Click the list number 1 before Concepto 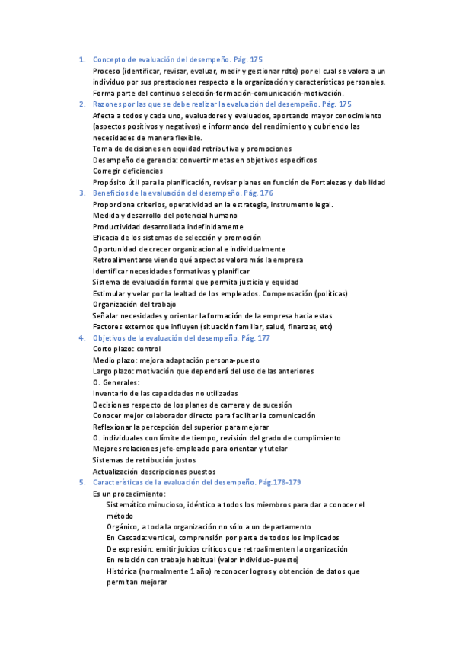click(81, 59)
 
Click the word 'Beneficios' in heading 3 click(111, 193)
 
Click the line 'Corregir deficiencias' click(127, 171)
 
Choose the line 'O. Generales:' click(116, 382)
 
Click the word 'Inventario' click(111, 393)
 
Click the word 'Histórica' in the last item click(124, 571)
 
